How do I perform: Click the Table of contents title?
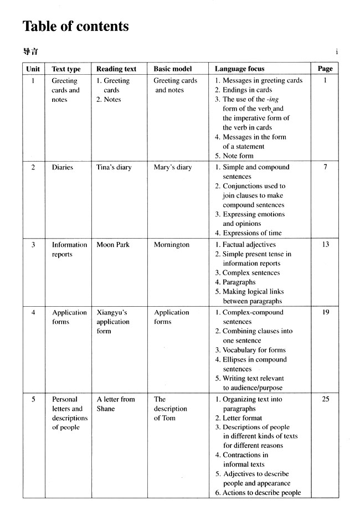click(75, 26)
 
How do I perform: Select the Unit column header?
click(33, 69)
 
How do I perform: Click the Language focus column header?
click(239, 69)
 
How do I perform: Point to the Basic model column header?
click(173, 69)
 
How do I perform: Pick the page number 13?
click(325, 245)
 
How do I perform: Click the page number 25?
click(325, 399)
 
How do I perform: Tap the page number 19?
click(325, 312)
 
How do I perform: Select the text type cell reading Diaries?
click(63, 167)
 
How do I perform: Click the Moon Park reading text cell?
click(113, 245)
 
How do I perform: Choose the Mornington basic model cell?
click(172, 245)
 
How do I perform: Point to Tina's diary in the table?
click(114, 167)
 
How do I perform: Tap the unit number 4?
click(33, 312)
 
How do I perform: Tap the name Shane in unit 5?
click(106, 409)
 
